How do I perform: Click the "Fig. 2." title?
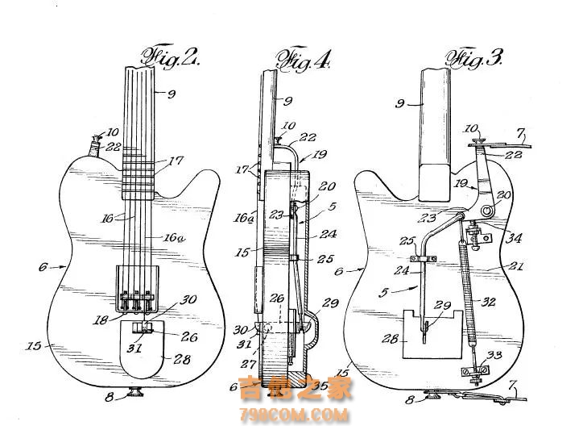point(171,57)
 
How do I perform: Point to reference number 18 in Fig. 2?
point(101,319)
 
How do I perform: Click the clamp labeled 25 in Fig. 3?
point(420,259)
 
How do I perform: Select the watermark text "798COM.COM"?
point(295,415)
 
